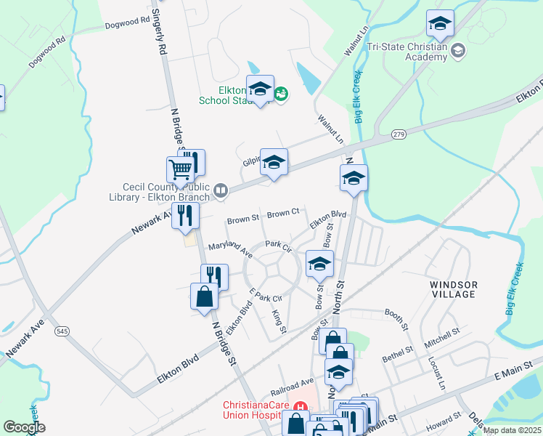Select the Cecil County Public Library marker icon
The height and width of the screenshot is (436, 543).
click(x=221, y=191)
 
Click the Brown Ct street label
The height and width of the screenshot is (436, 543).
click(x=283, y=214)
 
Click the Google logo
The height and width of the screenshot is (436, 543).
click(x=24, y=427)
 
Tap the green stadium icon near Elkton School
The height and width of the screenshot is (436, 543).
click(x=281, y=94)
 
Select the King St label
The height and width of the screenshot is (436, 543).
click(x=279, y=322)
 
